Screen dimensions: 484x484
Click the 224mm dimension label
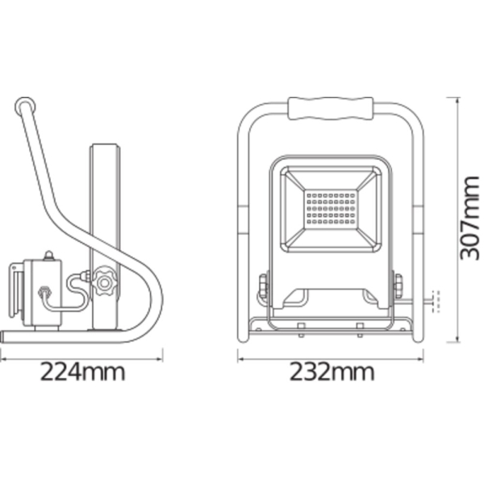click(83, 372)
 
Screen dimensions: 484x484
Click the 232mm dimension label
click(332, 372)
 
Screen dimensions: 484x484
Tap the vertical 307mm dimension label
click(469, 218)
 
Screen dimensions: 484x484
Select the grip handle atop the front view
click(330, 108)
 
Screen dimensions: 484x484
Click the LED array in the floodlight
click(331, 209)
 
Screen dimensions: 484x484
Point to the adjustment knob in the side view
click(104, 282)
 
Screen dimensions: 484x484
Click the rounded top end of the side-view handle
click(25, 106)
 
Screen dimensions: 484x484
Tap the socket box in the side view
click(44, 294)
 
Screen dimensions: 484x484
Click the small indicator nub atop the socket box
click(48, 256)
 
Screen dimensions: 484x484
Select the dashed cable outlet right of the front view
click(436, 301)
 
